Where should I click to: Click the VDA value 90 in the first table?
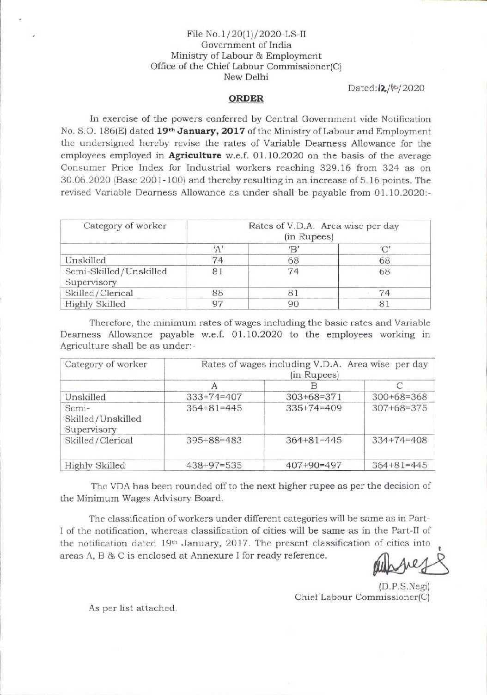click(293, 304)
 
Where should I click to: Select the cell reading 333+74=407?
click(214, 397)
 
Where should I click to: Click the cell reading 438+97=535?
click(214, 466)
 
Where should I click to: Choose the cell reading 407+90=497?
click(314, 466)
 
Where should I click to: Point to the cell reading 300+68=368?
click(400, 397)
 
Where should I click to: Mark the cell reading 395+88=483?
click(214, 440)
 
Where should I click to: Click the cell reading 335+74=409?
click(314, 408)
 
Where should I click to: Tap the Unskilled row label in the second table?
click(85, 397)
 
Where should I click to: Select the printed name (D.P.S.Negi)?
click(404, 587)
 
